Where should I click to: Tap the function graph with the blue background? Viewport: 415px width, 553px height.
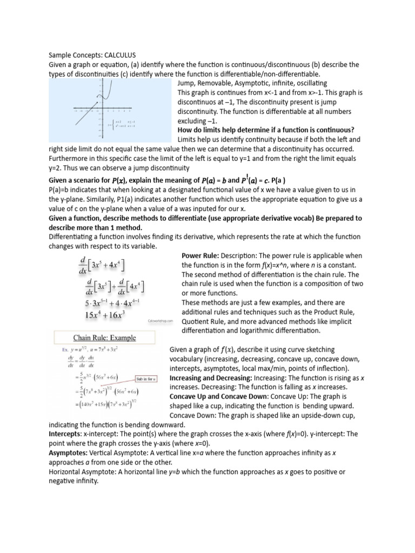(x=112, y=111)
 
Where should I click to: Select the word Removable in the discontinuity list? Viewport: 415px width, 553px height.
(x=223, y=83)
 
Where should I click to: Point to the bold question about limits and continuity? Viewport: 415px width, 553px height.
(x=266, y=130)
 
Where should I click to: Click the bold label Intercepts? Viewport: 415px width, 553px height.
(x=64, y=434)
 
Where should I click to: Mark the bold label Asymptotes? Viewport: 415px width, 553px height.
(x=68, y=453)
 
